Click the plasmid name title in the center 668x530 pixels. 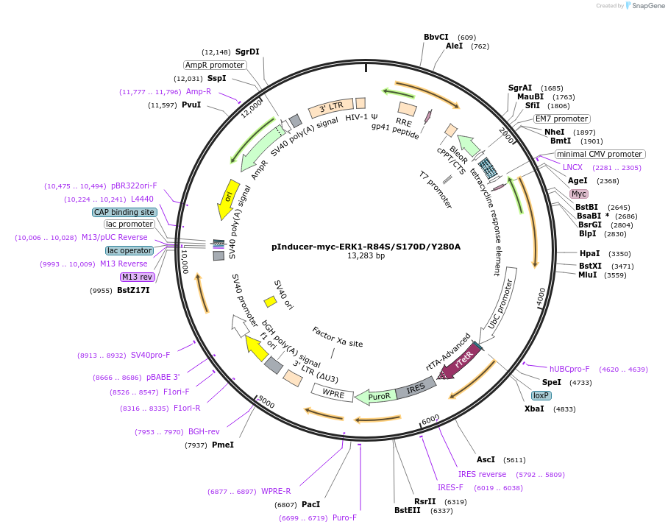366,247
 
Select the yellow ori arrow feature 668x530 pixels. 228,199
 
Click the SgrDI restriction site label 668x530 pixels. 247,52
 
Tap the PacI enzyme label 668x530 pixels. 311,504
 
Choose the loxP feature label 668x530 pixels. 541,395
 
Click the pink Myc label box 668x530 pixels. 579,194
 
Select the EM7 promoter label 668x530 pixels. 561,119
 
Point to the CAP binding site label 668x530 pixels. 124,212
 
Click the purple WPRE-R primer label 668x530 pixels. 276,491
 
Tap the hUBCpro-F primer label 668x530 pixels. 569,369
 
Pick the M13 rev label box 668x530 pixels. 138,277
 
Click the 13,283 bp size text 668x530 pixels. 366,256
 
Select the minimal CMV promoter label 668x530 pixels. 599,154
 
